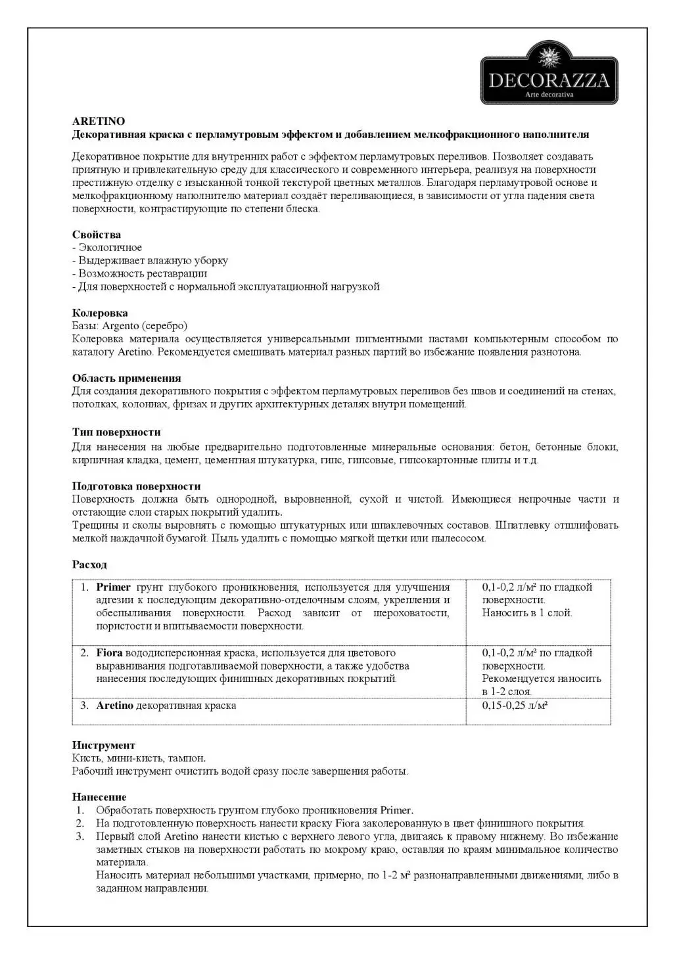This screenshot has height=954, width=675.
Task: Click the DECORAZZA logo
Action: [x=549, y=72]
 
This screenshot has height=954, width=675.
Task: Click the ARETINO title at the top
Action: [x=98, y=122]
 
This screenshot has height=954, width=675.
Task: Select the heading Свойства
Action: [x=96, y=235]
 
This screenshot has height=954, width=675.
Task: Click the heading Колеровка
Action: [x=100, y=313]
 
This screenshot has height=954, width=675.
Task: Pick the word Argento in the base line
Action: [x=121, y=326]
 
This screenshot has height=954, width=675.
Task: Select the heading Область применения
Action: [x=126, y=378]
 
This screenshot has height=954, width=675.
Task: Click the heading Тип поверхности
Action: [x=116, y=432]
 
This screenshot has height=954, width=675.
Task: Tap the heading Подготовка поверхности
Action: [x=136, y=486]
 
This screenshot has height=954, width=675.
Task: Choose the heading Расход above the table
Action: [x=89, y=565]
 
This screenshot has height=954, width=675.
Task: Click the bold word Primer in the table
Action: [x=113, y=587]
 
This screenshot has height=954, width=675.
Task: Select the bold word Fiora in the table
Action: [x=109, y=653]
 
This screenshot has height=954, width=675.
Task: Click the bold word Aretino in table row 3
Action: [x=114, y=706]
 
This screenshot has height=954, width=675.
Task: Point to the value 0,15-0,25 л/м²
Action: [x=515, y=706]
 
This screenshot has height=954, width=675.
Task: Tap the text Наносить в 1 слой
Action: [x=527, y=613]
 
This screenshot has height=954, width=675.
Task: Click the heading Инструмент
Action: [x=103, y=745]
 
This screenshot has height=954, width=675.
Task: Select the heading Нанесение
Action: [x=99, y=797]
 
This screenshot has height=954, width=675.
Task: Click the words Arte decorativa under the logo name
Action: [x=549, y=95]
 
